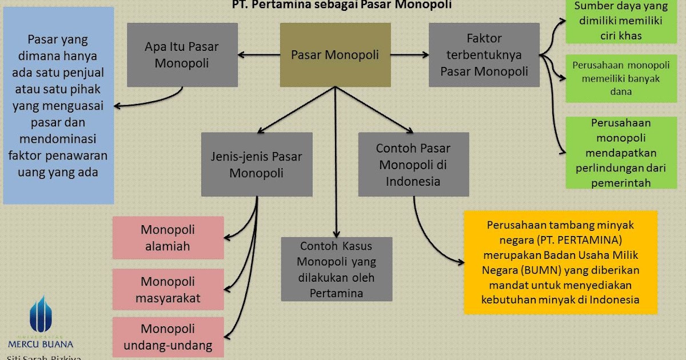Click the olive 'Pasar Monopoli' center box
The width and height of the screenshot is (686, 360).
pos(335,55)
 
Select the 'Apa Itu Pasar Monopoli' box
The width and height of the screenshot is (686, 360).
pos(182,55)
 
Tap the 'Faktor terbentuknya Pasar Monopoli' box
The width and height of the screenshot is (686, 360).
pos(484,55)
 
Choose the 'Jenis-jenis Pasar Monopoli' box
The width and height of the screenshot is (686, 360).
pos(257,164)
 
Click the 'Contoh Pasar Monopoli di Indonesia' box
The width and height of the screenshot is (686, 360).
pos(413,164)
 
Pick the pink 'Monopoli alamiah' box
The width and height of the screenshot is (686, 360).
pos(168,238)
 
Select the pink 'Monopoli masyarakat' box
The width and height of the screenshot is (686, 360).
pos(168,289)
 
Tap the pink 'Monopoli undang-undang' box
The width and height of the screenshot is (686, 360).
pos(168,337)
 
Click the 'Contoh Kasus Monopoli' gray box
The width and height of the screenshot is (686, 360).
pos(337,269)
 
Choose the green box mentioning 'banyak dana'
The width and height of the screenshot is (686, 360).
pos(608,78)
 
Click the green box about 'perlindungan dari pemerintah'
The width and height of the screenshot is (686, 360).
pos(608,153)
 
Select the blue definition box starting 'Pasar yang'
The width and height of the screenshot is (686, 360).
pos(58,106)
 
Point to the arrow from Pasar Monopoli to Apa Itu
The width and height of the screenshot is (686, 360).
pos(258,55)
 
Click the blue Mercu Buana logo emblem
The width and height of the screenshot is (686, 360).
pos(41,315)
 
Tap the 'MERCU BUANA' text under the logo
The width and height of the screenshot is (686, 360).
pos(41,344)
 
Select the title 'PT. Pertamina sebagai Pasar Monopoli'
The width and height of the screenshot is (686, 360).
pos(342,5)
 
